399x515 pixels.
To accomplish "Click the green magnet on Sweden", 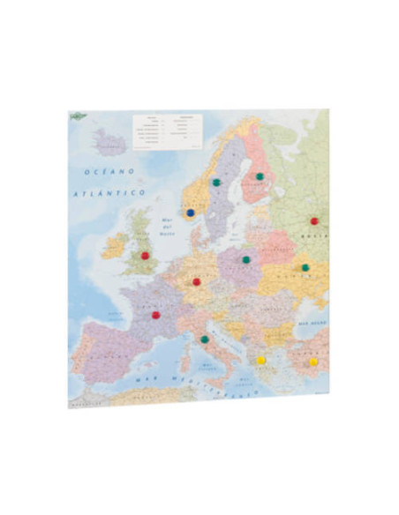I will point(216,183).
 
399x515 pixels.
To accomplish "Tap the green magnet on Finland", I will point(259,176).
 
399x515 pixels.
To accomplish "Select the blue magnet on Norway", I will point(190,213).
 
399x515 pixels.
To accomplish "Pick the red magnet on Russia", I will point(313,221).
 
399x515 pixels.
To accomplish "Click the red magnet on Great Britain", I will point(146,256).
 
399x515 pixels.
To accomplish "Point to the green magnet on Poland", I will point(246,259).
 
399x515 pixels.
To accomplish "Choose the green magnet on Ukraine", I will point(305,267).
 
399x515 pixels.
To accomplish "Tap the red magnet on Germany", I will point(196,282).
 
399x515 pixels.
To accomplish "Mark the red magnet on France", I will point(155,314).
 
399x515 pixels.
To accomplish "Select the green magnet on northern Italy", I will point(204,339).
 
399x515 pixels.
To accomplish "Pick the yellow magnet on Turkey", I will point(313,362).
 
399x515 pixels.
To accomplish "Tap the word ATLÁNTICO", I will point(108,191).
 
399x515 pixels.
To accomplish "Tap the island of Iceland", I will point(110,140).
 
